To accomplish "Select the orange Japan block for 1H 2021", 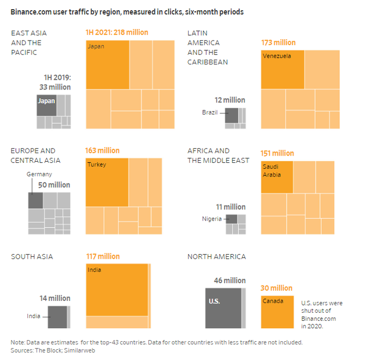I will click(x=107, y=64).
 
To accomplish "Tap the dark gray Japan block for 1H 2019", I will click(x=46, y=105).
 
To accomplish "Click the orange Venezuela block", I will click(x=282, y=69).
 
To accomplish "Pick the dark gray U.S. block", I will click(x=223, y=308).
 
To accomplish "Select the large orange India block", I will click(x=116, y=290).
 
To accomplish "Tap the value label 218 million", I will click(x=116, y=32).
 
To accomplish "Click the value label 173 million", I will click(x=278, y=43).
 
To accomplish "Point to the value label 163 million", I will click(x=103, y=151).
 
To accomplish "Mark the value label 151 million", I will click(x=278, y=153).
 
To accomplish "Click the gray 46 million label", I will click(x=222, y=281).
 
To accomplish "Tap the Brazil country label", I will click(x=210, y=112).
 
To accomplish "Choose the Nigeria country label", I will click(x=212, y=219).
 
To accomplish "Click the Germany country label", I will click(x=39, y=174).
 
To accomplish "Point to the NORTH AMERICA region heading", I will click(x=217, y=257).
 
